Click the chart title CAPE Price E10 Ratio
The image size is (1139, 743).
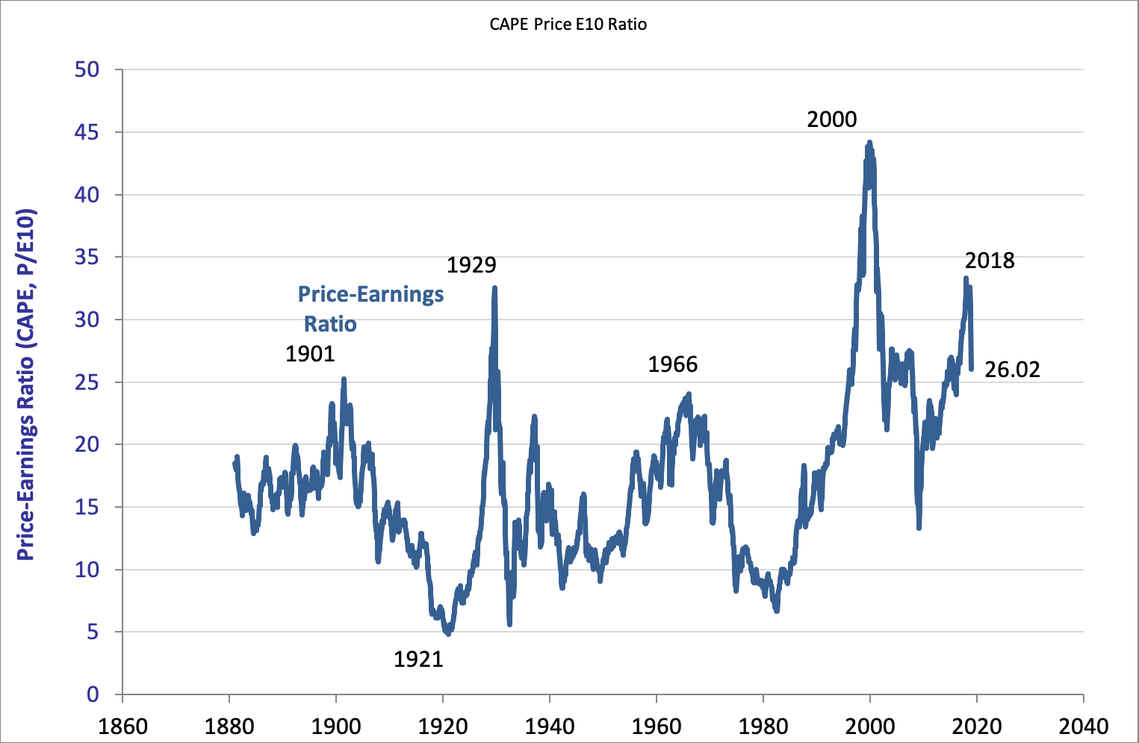tap(568, 24)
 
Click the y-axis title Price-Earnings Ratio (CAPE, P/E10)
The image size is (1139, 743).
tap(26, 385)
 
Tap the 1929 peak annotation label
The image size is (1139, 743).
tap(471, 265)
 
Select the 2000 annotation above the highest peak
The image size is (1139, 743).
tap(832, 119)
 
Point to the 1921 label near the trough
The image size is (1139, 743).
tap(418, 659)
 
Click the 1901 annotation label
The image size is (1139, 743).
tap(310, 353)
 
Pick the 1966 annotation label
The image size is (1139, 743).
tap(672, 364)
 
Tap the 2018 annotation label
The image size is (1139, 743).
tap(990, 261)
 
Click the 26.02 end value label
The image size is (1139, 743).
tap(1012, 370)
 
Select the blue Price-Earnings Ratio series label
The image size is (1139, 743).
tap(370, 308)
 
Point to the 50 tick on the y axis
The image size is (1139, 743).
tap(87, 69)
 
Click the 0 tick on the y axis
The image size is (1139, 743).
tap(93, 694)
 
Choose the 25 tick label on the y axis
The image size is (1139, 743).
tap(87, 382)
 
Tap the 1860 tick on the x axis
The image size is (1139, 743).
tap(122, 726)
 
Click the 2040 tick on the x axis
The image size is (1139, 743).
tap(1083, 726)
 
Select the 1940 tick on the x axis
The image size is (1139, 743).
tap(550, 726)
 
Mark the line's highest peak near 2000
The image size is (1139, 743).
tap(869, 142)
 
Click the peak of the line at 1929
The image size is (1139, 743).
tap(494, 287)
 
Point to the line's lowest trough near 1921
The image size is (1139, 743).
tap(447, 634)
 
